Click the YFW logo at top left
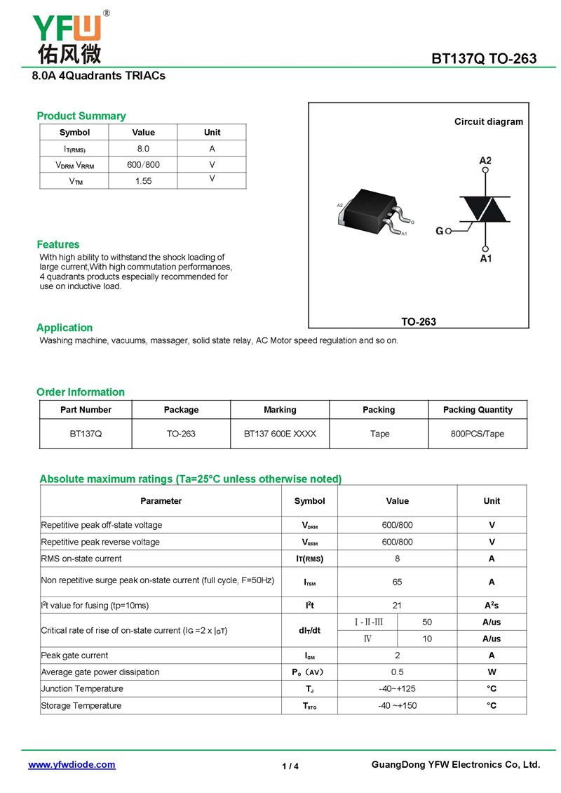69,36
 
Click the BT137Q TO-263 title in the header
484,58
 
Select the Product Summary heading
81,116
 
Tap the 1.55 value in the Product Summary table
143,181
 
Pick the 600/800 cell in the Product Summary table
143,165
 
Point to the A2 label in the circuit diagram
485,161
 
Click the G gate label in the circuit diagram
440,230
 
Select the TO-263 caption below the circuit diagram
419,321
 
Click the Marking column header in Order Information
280,410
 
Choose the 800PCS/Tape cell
477,434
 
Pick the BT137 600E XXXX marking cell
280,434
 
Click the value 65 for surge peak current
397,582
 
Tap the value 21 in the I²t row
397,605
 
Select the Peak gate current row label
75,655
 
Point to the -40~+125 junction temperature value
397,688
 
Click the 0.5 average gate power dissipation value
397,672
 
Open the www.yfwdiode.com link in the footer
72,765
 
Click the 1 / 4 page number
290,766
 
